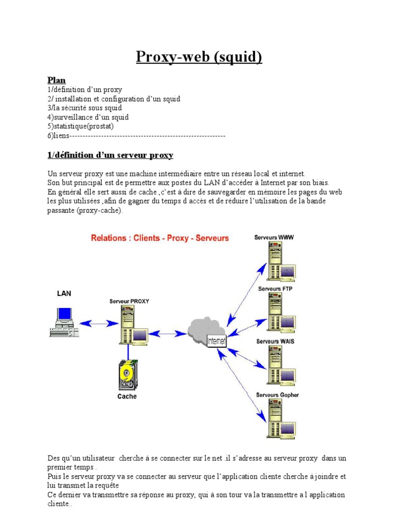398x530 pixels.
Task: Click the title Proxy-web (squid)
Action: (199, 56)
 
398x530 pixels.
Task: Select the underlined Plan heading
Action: (56, 80)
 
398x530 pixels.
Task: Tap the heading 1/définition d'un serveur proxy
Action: (110, 155)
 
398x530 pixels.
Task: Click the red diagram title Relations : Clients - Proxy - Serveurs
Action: (160, 238)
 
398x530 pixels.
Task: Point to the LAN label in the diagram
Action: (64, 293)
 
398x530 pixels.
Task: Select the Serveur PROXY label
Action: (129, 301)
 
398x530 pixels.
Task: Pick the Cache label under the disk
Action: (127, 396)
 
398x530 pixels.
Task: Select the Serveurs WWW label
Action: (274, 238)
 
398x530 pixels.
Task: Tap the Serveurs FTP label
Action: (275, 289)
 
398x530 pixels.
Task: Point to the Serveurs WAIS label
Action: (275, 342)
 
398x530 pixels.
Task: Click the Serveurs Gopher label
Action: (277, 395)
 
